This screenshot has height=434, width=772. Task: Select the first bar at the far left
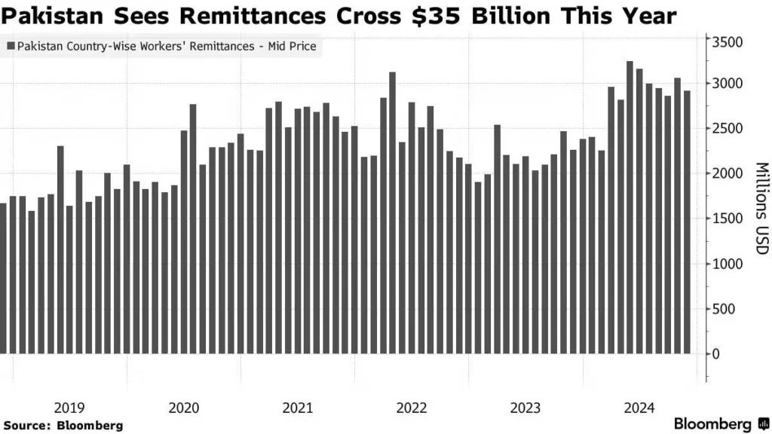coord(3,278)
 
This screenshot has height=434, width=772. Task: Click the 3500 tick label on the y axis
coord(728,42)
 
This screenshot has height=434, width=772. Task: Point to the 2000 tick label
coord(728,173)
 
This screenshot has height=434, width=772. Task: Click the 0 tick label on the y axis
coord(716,354)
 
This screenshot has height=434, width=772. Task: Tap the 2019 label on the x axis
coord(69,408)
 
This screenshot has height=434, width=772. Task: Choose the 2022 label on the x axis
coord(412,408)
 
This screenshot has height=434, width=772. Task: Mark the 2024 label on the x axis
coord(639,408)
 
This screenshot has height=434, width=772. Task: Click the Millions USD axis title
coord(761,208)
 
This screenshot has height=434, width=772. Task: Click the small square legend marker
coord(10,47)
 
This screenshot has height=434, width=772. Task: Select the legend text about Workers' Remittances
coord(167,47)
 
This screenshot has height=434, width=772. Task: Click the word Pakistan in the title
coord(47,15)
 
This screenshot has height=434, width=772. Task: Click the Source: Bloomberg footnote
coord(63,426)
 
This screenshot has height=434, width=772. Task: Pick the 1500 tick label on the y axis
coord(728,219)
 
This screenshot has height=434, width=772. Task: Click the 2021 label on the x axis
coord(298,408)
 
